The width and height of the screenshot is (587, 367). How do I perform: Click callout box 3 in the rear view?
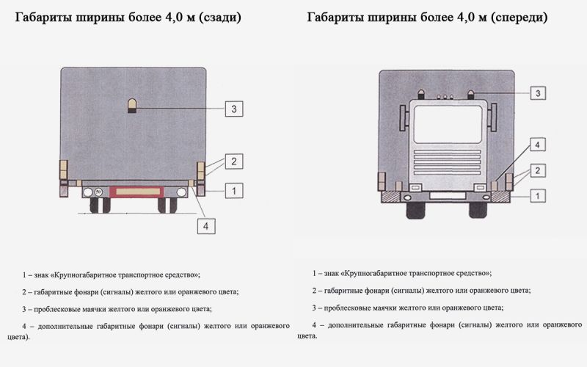tap(234, 109)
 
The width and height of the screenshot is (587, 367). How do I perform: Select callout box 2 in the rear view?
tap(234, 161)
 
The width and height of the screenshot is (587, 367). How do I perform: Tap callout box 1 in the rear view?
tap(234, 191)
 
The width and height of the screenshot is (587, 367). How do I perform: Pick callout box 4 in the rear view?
tap(206, 226)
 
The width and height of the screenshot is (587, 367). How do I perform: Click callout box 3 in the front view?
tap(538, 93)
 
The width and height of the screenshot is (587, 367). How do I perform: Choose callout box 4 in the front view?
tap(538, 145)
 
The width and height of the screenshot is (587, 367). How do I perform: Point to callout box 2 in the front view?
tap(538, 171)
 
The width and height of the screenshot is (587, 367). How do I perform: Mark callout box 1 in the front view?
tap(538, 195)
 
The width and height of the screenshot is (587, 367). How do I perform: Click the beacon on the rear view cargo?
tap(132, 106)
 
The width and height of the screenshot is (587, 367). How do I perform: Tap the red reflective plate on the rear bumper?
tap(136, 192)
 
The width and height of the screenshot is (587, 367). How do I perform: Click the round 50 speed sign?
tap(98, 192)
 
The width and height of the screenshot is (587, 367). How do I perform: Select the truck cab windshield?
tap(448, 124)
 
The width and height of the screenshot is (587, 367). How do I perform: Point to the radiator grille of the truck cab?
tap(448, 162)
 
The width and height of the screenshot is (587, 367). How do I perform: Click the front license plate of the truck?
tap(448, 195)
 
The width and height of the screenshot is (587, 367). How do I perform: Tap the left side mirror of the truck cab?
tap(403, 118)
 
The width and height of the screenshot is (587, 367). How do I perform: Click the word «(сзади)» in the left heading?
tap(219, 18)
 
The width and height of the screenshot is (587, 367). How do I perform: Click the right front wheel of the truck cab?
tap(478, 211)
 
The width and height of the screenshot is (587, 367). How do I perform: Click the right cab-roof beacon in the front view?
tap(471, 95)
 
